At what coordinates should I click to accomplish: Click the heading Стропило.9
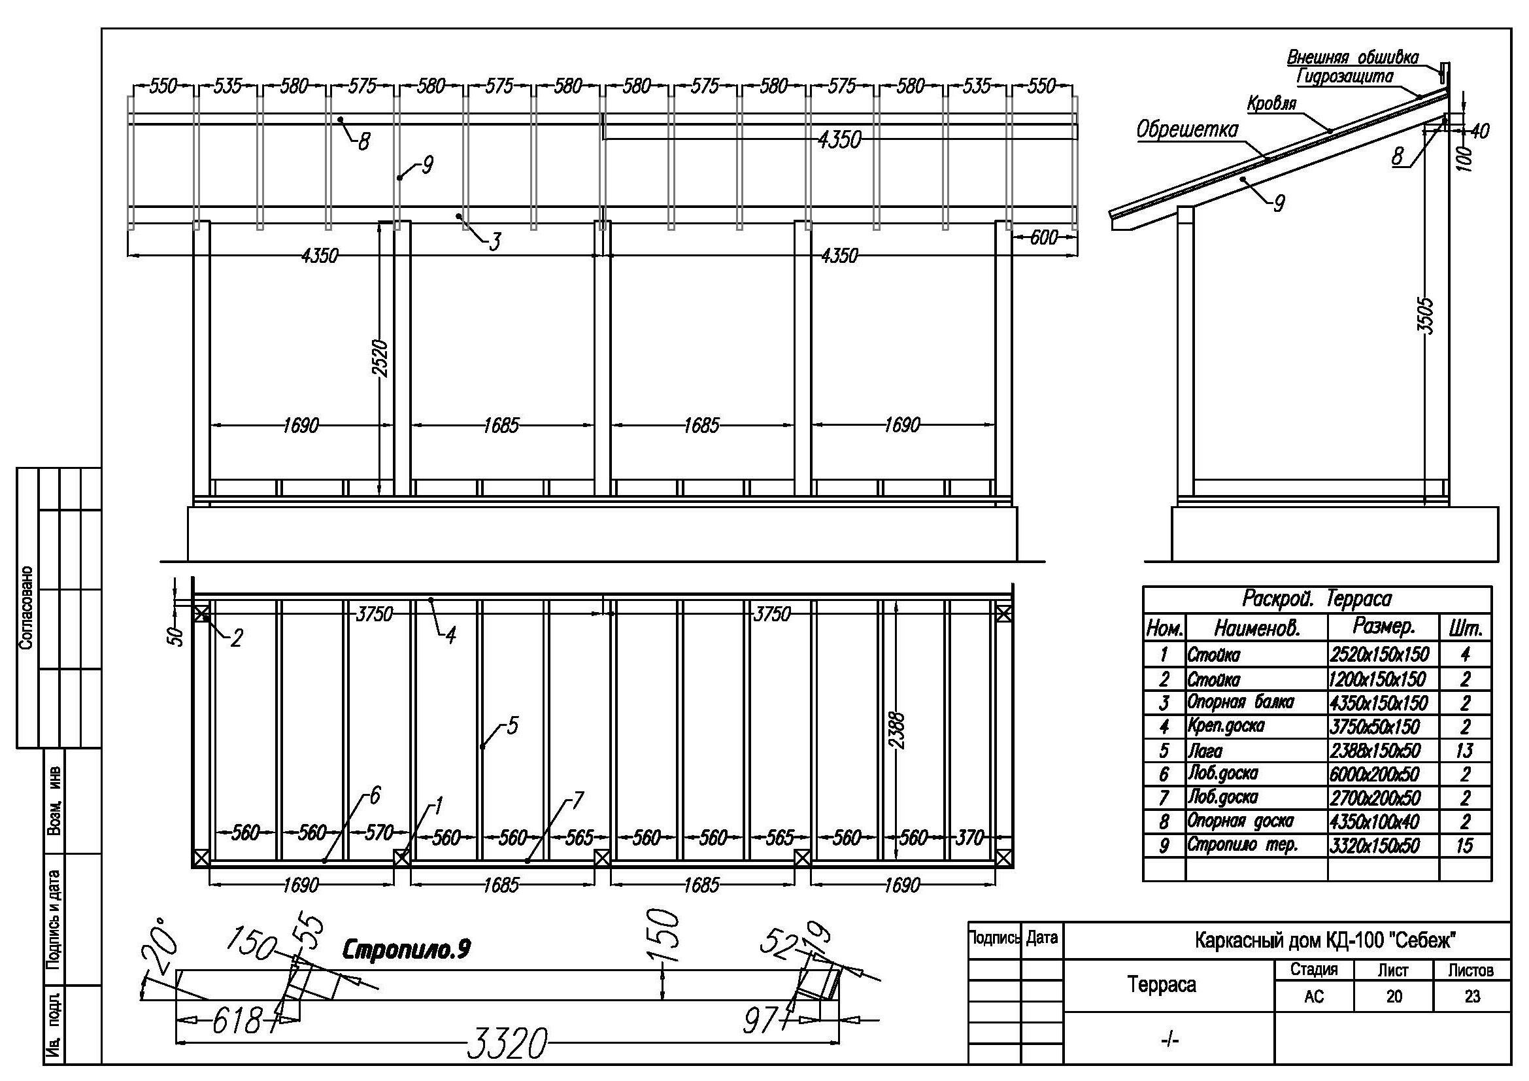tap(406, 949)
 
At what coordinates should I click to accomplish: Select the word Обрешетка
tap(1186, 129)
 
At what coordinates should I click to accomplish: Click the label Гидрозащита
tap(1345, 77)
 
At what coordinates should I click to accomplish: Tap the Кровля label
tap(1272, 104)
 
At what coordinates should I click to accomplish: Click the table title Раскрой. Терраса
tap(1317, 598)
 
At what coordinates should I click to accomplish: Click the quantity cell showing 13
tap(1464, 751)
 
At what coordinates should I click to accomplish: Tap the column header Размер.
tap(1384, 626)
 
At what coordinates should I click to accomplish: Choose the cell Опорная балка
tap(1241, 702)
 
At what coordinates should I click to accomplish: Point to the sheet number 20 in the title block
tap(1394, 997)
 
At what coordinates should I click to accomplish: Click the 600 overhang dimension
tap(1043, 237)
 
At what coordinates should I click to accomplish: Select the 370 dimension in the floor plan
tap(969, 838)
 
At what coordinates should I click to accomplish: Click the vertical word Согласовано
tap(26, 609)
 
